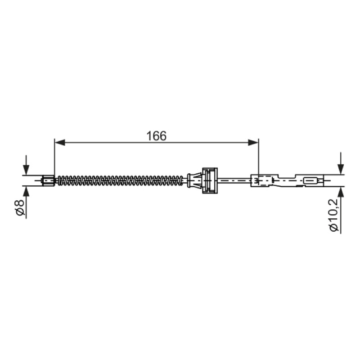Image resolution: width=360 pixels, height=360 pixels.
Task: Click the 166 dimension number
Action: pos(156,136)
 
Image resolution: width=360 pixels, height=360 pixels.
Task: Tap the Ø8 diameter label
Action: pos(20,207)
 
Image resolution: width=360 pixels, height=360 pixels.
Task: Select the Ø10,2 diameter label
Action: pos(334,216)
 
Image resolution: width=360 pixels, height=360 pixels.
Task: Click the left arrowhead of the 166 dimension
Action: pos(60,143)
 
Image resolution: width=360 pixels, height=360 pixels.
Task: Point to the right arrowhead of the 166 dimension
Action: pos(253,143)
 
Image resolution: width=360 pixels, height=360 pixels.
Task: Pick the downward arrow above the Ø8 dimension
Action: pos(26,165)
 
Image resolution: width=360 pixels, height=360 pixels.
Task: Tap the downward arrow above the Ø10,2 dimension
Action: pos(341,163)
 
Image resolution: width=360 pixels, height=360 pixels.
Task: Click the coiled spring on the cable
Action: pos(120,180)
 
